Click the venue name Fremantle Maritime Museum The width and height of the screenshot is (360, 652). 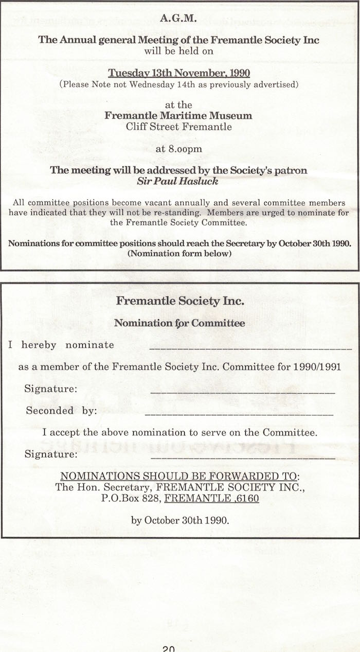click(178, 116)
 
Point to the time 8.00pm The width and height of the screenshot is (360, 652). click(178, 150)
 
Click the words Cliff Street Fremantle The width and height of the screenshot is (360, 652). click(178, 127)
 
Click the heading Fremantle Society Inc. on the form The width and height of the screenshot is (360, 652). click(180, 301)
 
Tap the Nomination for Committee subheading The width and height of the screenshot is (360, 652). click(179, 323)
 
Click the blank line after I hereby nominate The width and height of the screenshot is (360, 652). click(250, 348)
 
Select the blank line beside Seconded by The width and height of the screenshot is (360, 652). click(239, 414)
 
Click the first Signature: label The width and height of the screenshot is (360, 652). click(51, 389)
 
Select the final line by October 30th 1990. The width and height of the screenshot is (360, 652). click(180, 520)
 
